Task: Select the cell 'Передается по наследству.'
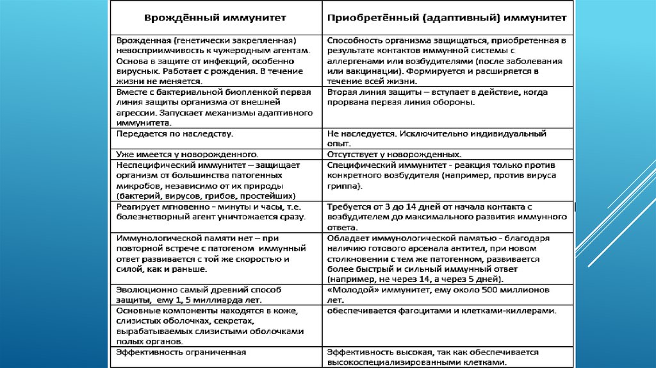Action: (174, 134)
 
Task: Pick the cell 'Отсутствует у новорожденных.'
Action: (394, 155)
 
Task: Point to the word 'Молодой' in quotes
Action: (350, 290)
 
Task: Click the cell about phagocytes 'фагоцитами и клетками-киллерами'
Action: (441, 310)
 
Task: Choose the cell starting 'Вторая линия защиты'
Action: (437, 97)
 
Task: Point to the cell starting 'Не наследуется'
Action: (436, 138)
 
